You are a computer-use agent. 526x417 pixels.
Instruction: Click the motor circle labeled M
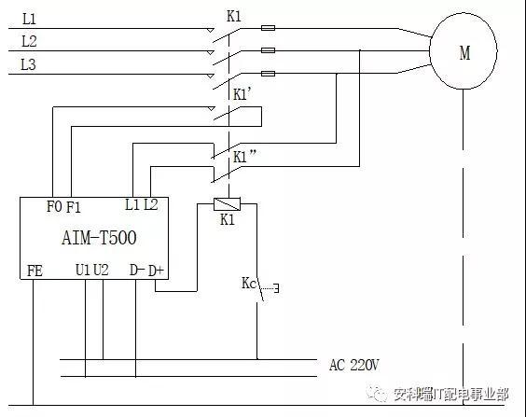[464, 53]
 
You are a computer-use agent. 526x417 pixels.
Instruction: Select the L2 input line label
[29, 42]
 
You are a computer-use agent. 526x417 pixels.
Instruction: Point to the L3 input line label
[29, 64]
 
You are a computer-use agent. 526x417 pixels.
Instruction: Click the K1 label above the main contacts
[234, 16]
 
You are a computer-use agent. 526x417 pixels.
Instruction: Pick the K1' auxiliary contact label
[242, 94]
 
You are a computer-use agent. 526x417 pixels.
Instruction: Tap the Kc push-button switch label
[248, 284]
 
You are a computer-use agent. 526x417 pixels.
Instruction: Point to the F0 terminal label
[54, 206]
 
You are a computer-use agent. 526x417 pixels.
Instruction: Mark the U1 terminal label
[82, 270]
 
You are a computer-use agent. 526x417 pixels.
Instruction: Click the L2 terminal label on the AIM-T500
[150, 204]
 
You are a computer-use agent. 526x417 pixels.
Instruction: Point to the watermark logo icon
[378, 394]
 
